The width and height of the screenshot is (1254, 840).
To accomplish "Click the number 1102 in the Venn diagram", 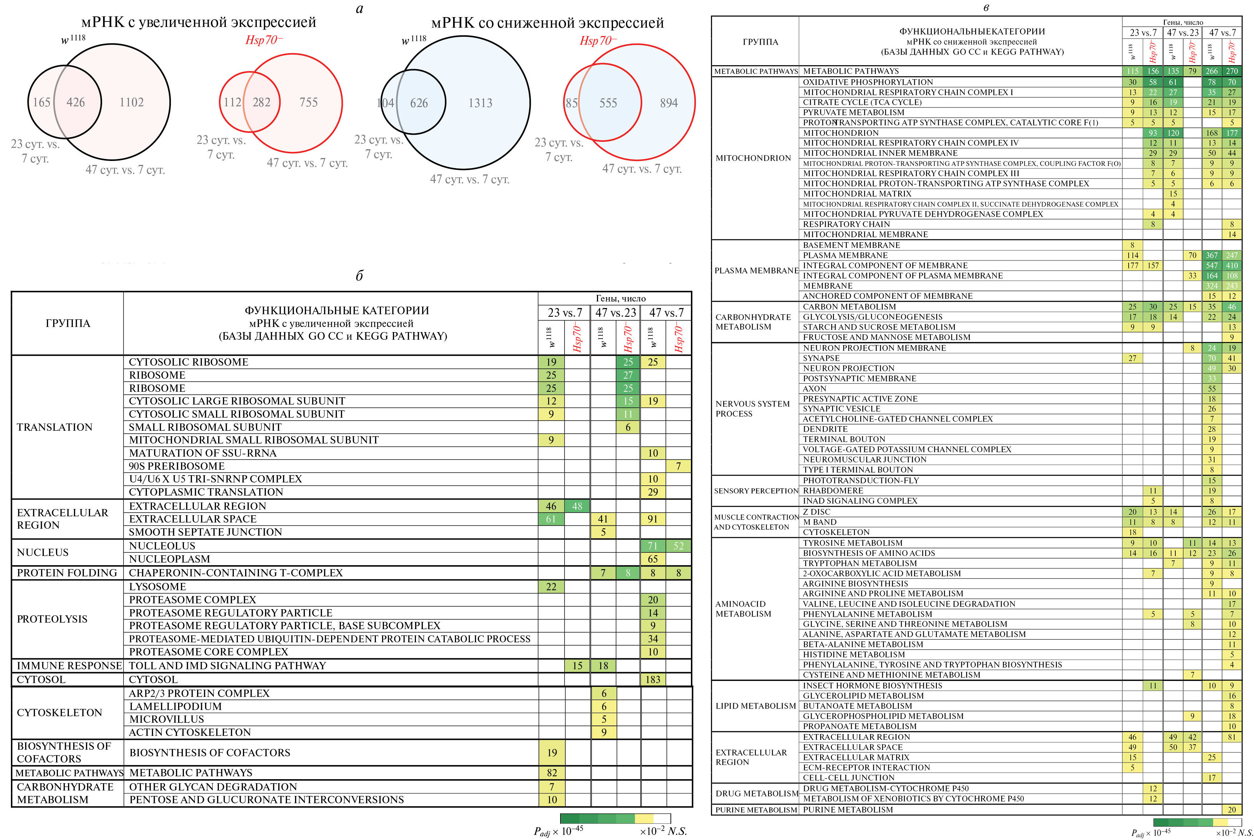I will [131, 102].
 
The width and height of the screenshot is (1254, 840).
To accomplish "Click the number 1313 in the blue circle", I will [480, 103].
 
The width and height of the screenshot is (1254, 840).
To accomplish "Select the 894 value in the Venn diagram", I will [668, 103].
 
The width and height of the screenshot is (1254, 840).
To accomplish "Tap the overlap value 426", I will [75, 102].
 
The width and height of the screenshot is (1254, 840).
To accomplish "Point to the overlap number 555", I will [608, 103].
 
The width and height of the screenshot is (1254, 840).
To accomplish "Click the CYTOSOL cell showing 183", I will [652, 679].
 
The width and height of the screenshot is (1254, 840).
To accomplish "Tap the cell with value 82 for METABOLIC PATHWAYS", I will [551, 773].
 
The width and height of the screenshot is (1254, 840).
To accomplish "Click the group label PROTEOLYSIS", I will [52, 619].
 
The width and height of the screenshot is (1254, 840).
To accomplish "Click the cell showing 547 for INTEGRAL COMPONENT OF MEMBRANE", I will [1212, 265].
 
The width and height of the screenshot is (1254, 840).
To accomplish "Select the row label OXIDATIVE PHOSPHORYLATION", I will [868, 82].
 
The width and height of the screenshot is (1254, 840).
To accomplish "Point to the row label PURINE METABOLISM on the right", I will [848, 809].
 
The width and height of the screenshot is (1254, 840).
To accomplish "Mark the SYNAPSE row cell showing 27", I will [1132, 358].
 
